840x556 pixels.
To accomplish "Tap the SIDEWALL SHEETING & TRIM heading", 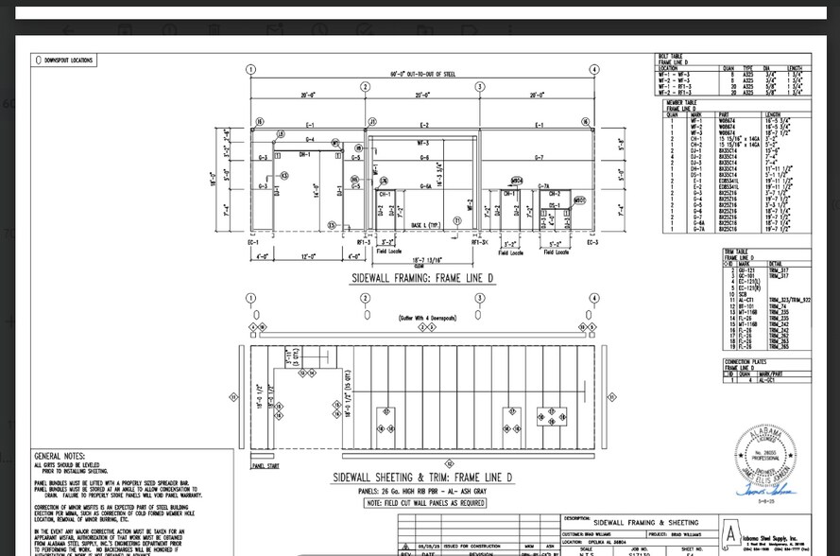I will (422, 478).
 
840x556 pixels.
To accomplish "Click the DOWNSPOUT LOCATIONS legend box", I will (65, 61).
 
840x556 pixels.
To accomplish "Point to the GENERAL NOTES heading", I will (60, 456).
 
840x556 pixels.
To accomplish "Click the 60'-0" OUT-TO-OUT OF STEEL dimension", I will (422, 74).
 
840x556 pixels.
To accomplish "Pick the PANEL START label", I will (266, 466).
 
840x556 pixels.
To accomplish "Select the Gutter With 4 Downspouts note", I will (427, 318).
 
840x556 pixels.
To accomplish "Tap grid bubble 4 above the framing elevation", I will (594, 69).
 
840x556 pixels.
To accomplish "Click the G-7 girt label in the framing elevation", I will (539, 157).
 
